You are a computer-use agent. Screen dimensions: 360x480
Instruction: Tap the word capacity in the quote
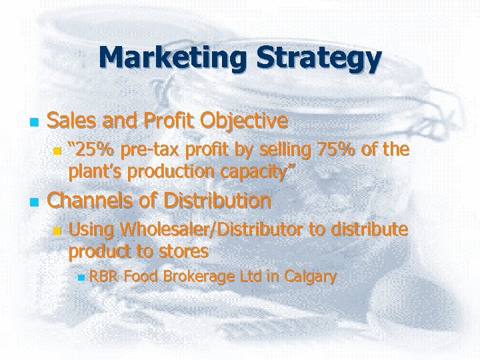point(253,172)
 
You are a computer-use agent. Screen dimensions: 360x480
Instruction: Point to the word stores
point(180,251)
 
